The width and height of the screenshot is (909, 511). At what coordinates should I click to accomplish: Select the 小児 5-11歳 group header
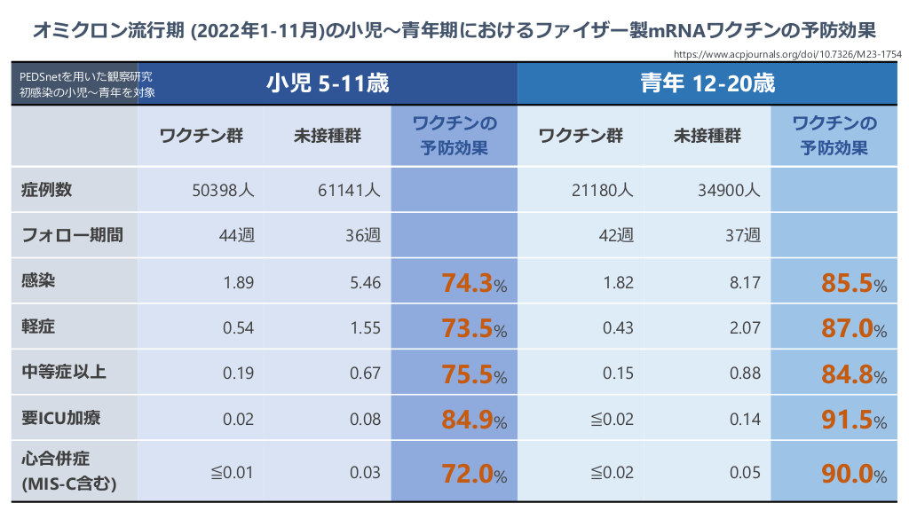(328, 83)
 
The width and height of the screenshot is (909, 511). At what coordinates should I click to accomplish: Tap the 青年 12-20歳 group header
(708, 83)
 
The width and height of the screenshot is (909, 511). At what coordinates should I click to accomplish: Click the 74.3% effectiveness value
(474, 283)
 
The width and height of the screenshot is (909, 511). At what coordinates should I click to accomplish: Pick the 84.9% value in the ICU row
(474, 419)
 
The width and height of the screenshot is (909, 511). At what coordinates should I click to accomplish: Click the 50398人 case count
(223, 190)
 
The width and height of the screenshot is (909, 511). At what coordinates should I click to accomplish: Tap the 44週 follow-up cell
(236, 235)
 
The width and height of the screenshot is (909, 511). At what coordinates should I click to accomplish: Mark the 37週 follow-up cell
(743, 235)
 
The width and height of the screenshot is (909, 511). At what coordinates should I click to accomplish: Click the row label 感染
(38, 281)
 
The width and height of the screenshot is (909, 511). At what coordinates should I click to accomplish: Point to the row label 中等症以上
(64, 373)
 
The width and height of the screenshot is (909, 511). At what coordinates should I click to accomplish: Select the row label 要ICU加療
(61, 418)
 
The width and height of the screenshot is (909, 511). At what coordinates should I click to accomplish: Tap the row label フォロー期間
(72, 235)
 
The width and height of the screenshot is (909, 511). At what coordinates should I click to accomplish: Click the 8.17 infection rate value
(745, 283)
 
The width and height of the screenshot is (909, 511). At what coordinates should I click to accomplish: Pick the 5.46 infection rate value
(366, 283)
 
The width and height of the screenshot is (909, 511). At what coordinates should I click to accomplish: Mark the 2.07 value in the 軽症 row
(745, 328)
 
